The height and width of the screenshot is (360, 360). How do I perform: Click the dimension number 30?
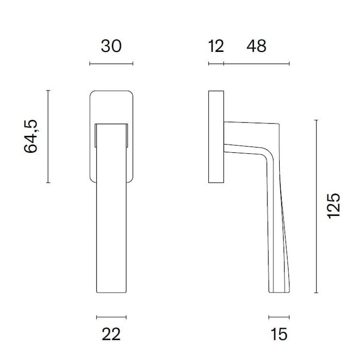click(111, 46)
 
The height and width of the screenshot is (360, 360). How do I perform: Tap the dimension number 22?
click(111, 335)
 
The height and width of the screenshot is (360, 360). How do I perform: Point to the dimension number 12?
click(216, 46)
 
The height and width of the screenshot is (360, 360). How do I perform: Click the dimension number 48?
click(256, 46)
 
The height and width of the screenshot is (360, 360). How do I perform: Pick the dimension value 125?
click(334, 206)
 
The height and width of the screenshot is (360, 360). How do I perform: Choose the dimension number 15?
click(279, 335)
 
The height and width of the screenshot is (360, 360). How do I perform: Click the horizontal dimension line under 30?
click(111, 64)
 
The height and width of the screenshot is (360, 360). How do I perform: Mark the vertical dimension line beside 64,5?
click(48, 136)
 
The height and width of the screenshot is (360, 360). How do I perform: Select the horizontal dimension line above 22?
click(111, 317)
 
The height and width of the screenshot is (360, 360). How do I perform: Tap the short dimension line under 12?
click(216, 64)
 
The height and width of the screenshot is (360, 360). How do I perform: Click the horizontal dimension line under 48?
click(256, 64)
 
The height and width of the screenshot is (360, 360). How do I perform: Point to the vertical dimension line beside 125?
click(316, 206)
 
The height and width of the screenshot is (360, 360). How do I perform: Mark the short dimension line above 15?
click(279, 317)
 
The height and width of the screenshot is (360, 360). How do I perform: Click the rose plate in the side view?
click(216, 137)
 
